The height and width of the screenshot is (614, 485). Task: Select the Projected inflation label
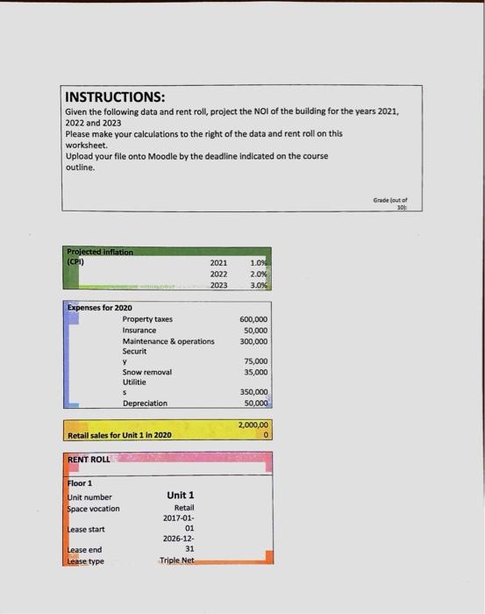pyautogui.click(x=100, y=252)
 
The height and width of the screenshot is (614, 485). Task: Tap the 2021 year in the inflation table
pyautogui.click(x=218, y=261)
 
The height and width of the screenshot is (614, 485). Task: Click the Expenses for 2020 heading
pyautogui.click(x=100, y=308)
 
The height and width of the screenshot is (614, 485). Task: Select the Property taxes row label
pyautogui.click(x=147, y=319)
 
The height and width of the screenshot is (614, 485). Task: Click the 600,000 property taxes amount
pyautogui.click(x=254, y=319)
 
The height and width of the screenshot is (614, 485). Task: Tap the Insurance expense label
pyautogui.click(x=139, y=330)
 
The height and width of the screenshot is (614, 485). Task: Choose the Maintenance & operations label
pyautogui.click(x=168, y=340)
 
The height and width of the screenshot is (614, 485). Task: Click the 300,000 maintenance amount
pyautogui.click(x=254, y=340)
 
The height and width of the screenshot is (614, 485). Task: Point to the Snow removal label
pyautogui.click(x=146, y=372)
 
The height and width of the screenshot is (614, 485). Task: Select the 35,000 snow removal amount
pyautogui.click(x=256, y=372)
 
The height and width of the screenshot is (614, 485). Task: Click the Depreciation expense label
pyautogui.click(x=145, y=403)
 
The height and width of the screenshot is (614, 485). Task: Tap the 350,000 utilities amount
pyautogui.click(x=254, y=392)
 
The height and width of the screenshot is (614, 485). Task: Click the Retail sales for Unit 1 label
pyautogui.click(x=120, y=435)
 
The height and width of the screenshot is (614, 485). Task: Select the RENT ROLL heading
pyautogui.click(x=89, y=460)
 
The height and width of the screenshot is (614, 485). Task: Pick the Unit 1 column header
pyautogui.click(x=180, y=496)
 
